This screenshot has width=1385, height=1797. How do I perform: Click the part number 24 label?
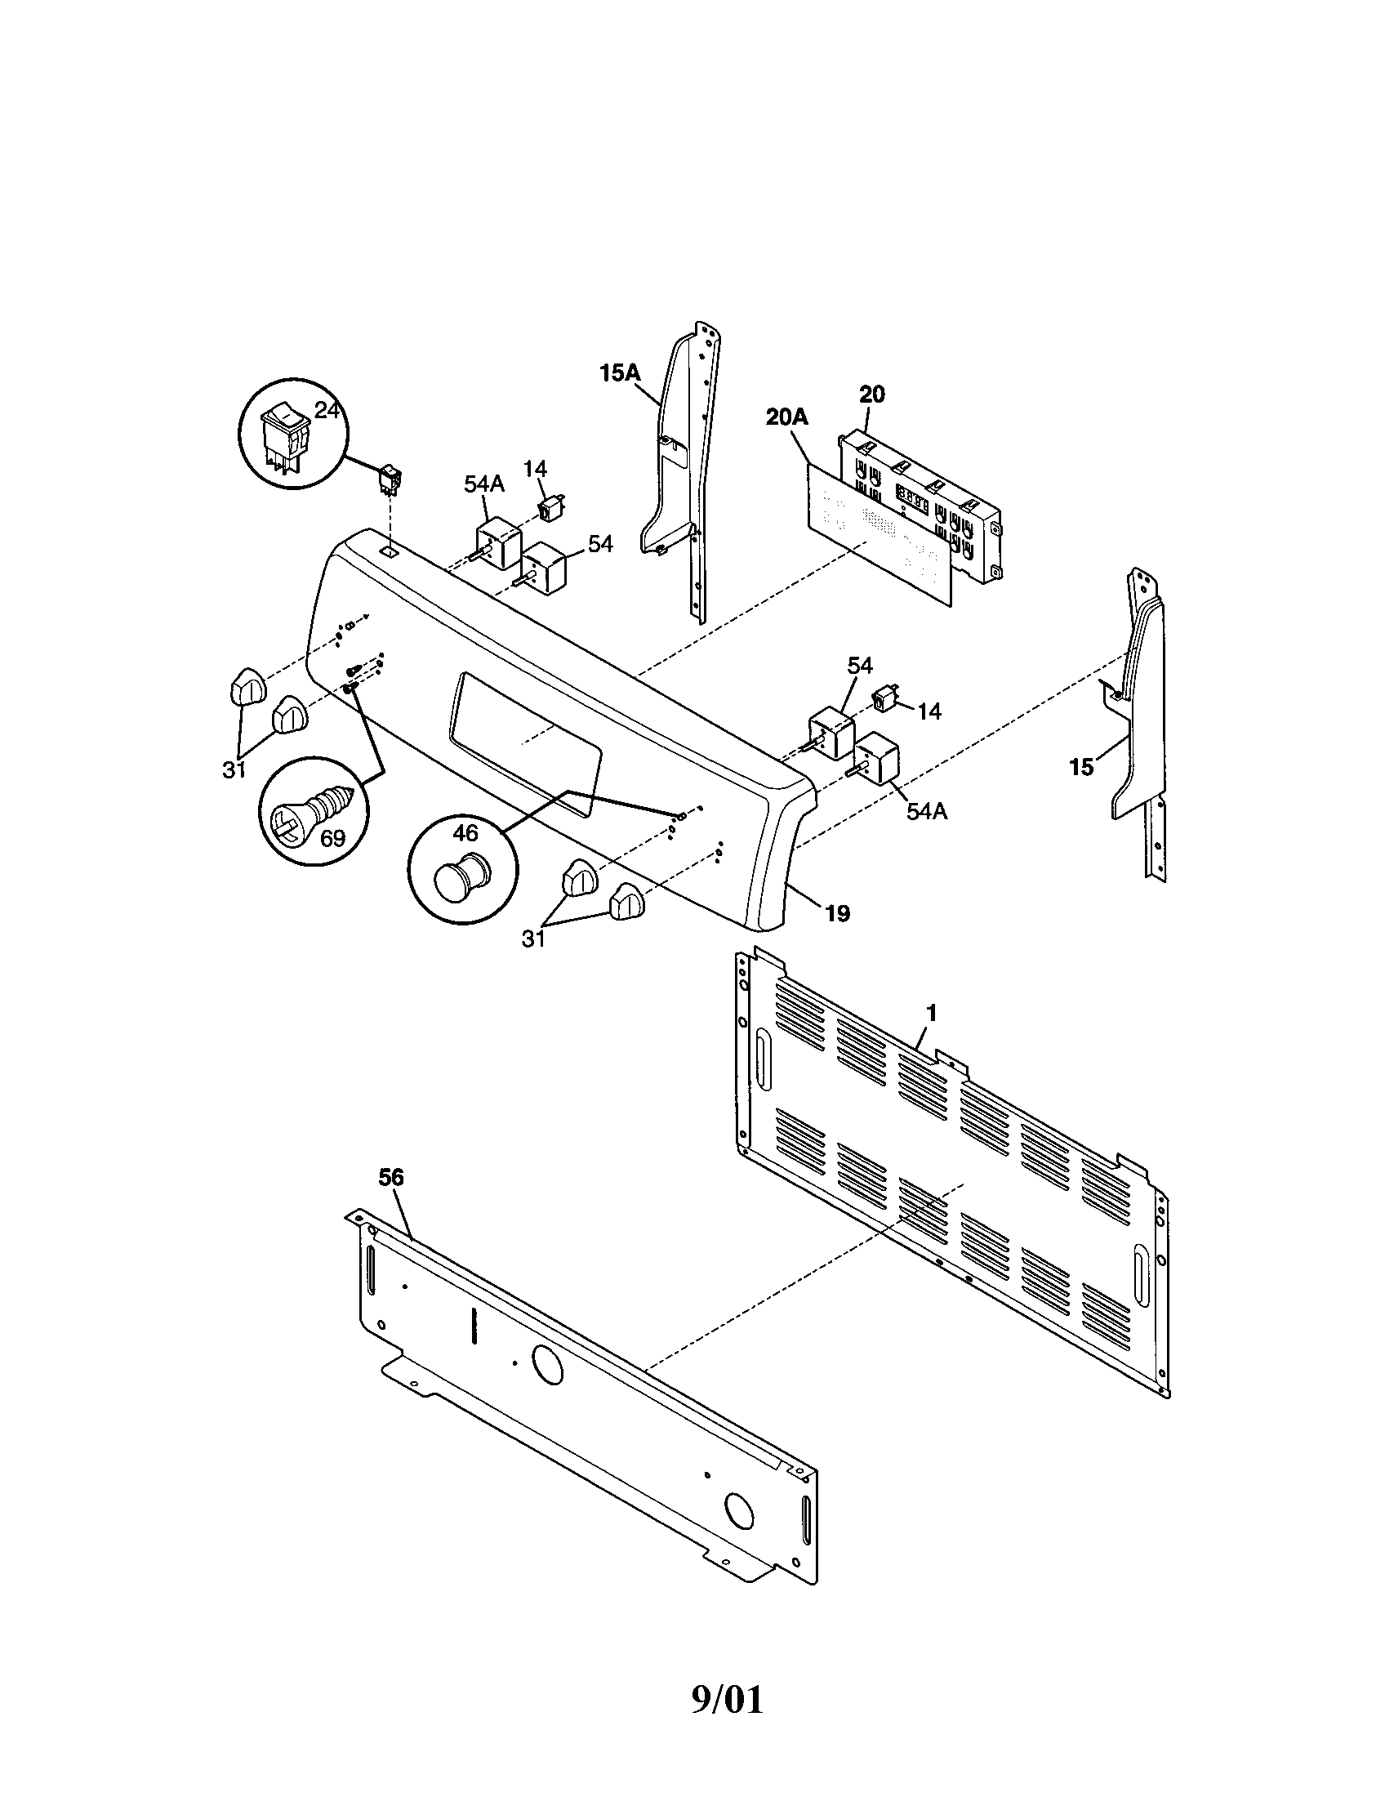coord(327,410)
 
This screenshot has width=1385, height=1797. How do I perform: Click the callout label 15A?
coord(618,372)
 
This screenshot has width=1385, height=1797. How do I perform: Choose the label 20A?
coord(786,417)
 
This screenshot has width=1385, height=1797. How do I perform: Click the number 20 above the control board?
coord(872,395)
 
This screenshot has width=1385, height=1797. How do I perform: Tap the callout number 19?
coord(837,912)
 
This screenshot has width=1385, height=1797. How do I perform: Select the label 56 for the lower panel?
coord(391,1177)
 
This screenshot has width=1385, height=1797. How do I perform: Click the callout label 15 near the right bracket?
coord(1081,768)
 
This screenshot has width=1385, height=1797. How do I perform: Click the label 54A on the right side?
coord(927,811)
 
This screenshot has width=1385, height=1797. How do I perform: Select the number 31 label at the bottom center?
coord(534,939)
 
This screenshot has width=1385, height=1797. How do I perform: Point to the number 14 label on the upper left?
coord(535,469)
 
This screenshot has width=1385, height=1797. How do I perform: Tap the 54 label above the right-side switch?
coord(860,665)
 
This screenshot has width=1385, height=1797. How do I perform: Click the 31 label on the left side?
coord(234,770)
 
